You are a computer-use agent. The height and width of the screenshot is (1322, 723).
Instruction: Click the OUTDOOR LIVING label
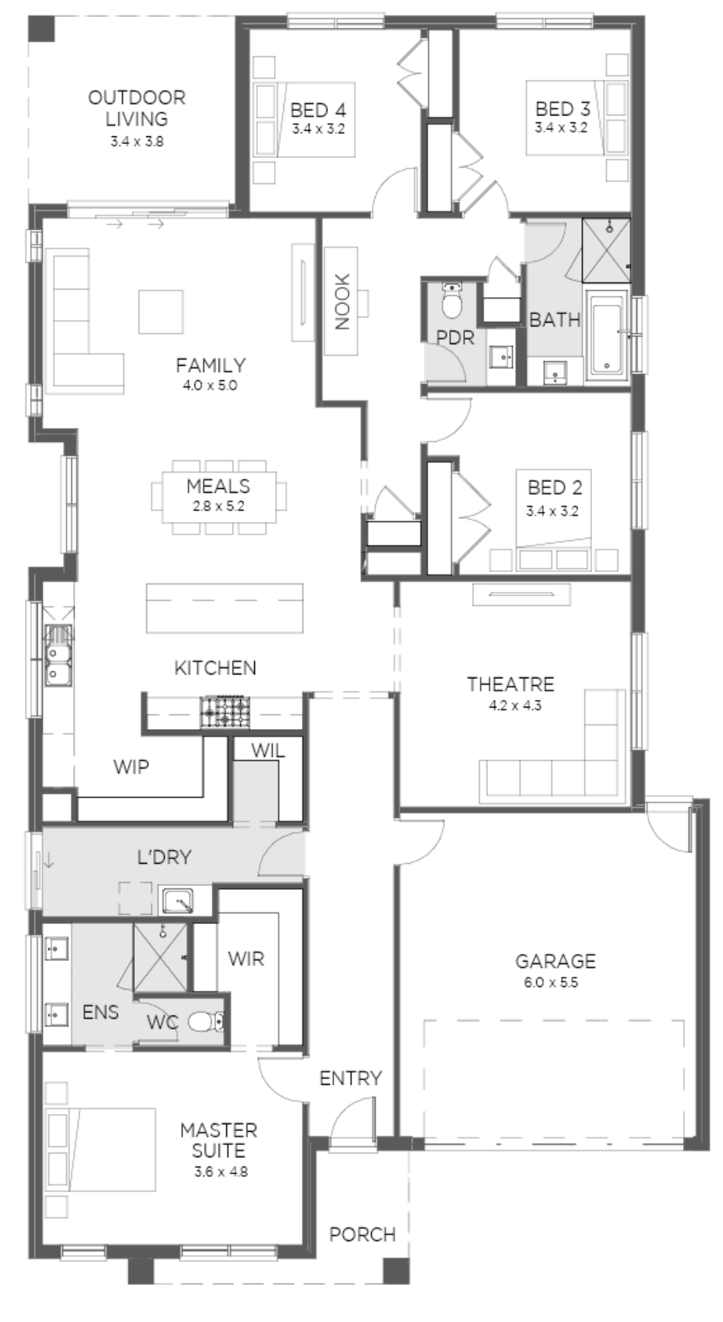[x=136, y=109]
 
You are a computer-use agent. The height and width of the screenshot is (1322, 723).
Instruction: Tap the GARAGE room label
[x=555, y=961]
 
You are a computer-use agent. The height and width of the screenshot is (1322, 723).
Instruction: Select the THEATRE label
[x=510, y=684]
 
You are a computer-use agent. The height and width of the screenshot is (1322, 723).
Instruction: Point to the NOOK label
[x=342, y=301]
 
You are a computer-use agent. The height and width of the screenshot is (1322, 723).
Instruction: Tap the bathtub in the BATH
[x=608, y=336]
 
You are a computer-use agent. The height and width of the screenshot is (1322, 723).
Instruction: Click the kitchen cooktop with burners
[x=226, y=712]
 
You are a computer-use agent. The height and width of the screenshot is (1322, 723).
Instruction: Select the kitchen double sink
[x=57, y=655]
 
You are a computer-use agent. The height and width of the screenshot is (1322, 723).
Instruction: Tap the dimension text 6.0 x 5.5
[x=555, y=982]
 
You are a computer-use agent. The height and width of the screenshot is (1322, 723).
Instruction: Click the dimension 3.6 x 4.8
[x=219, y=1173]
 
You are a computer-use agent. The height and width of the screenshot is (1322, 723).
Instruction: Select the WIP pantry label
[x=131, y=767]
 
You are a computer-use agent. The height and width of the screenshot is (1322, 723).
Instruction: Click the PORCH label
[x=362, y=1234]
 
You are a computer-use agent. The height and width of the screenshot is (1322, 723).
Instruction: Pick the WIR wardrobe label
[x=246, y=959]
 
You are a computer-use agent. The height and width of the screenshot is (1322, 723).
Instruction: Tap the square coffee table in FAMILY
[x=161, y=312]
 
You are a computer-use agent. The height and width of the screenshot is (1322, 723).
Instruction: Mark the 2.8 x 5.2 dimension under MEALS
[x=218, y=507]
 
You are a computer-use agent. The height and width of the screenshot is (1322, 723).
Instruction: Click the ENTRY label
[x=350, y=1079]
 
